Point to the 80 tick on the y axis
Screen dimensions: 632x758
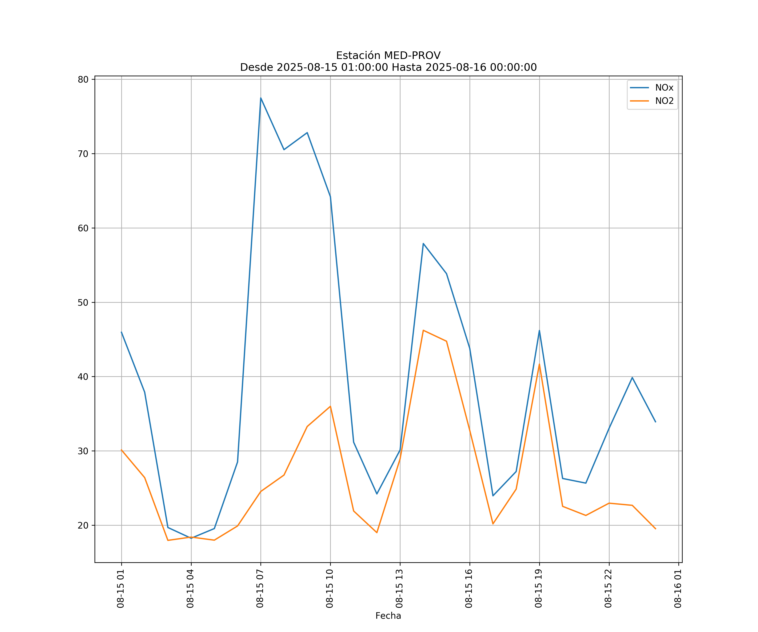(83, 79)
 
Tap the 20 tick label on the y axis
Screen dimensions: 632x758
(83, 525)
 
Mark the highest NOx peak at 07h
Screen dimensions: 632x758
(261, 98)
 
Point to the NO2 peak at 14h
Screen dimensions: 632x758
(423, 330)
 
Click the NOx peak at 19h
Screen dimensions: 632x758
(539, 331)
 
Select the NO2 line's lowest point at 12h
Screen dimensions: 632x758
(377, 533)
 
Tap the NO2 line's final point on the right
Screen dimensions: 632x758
(655, 529)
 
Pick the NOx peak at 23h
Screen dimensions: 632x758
(632, 377)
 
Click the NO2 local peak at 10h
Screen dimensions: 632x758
(330, 406)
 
